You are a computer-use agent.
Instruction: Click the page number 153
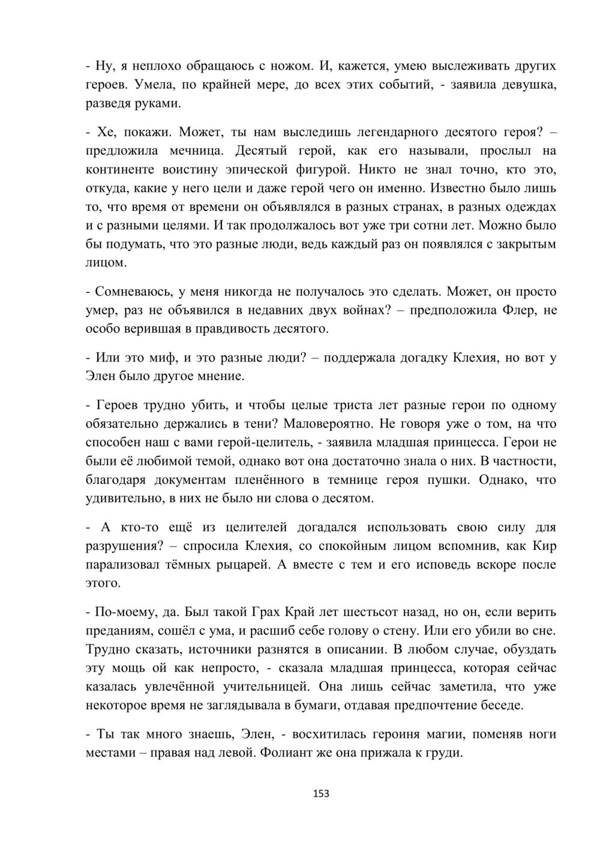322,794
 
